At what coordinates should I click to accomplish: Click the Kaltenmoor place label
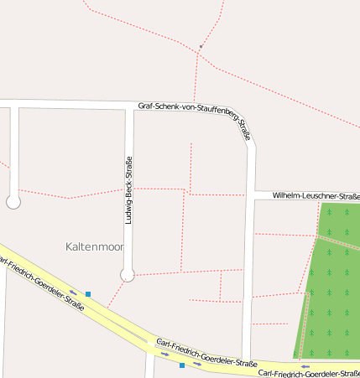(x=94, y=246)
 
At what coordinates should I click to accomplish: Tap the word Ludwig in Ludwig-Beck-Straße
(x=128, y=210)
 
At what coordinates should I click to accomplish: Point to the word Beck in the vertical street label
(x=128, y=185)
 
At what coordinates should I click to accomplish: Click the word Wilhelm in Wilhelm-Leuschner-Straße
(x=287, y=195)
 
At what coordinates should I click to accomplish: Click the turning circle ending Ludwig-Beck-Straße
(x=128, y=274)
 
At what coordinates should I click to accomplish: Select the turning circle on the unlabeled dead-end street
(x=13, y=202)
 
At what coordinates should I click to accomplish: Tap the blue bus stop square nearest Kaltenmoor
(x=87, y=294)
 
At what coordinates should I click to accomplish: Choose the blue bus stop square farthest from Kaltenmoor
(x=182, y=365)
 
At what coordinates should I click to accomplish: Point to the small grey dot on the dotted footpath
(x=201, y=47)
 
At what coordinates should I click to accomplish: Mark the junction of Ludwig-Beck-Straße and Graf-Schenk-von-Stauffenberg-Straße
(x=129, y=105)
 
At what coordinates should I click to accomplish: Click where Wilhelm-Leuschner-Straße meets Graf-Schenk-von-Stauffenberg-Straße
(x=252, y=195)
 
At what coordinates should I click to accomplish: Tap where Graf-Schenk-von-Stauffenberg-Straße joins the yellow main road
(x=246, y=359)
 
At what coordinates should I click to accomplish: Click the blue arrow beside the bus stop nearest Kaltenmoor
(x=74, y=293)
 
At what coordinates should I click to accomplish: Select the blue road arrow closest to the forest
(x=306, y=366)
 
